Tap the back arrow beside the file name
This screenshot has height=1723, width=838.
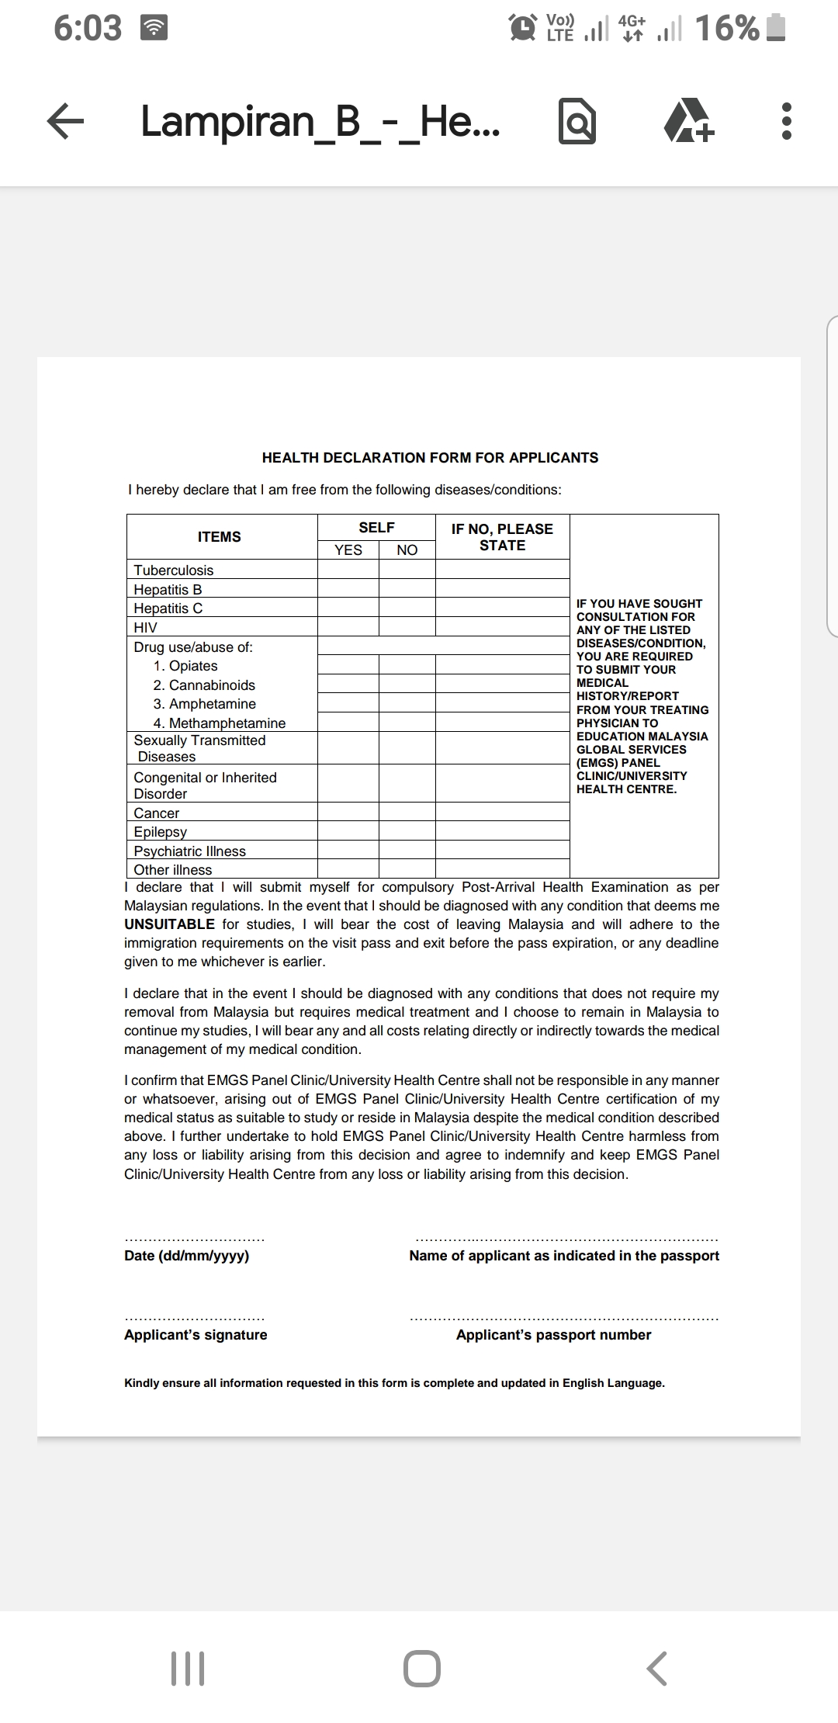pos(65,123)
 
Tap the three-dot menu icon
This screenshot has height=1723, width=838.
pos(786,122)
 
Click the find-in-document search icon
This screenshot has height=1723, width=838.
pos(577,122)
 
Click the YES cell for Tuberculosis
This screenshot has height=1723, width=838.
pos(348,569)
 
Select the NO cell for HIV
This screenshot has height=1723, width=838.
pos(407,627)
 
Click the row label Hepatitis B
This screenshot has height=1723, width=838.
pos(168,589)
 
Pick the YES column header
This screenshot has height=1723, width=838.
pos(348,549)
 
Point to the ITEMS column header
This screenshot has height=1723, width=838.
pos(220,536)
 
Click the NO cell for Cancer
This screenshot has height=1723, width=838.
pos(407,812)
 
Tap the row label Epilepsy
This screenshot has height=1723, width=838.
pos(161,831)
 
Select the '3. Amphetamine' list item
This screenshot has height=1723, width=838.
pos(205,704)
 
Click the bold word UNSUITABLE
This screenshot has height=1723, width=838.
pos(169,924)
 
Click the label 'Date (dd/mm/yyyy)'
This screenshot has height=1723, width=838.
pos(187,1256)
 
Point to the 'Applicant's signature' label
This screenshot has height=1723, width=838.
pos(196,1335)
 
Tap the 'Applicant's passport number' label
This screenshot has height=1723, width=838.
pos(553,1335)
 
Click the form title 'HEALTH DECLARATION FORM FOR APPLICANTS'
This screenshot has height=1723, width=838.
pos(430,458)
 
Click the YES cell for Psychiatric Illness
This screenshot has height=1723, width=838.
pos(348,850)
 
